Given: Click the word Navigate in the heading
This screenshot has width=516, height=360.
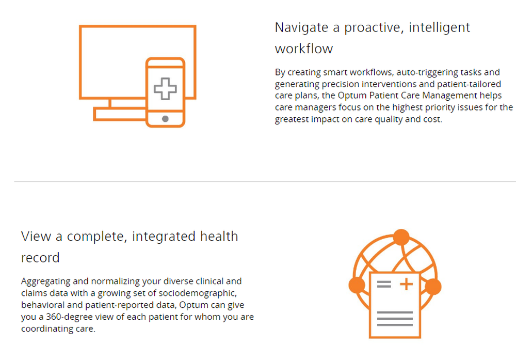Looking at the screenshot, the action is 301,28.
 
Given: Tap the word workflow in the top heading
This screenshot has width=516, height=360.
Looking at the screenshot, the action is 304,49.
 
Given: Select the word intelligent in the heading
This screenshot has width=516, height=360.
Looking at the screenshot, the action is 439,28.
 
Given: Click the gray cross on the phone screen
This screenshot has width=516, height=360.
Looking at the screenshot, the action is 165,89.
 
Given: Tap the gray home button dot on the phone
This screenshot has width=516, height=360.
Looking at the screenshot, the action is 165,119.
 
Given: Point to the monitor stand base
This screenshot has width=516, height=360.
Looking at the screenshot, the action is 120,114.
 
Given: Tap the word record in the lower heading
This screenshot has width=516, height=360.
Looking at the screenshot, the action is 40,258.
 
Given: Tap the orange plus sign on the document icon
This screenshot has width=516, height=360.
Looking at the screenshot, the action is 407,284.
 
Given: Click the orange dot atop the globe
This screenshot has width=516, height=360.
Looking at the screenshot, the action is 401,237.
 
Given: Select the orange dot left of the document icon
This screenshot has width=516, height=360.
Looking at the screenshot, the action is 357,285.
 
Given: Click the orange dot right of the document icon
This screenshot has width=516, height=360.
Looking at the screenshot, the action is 433,287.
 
